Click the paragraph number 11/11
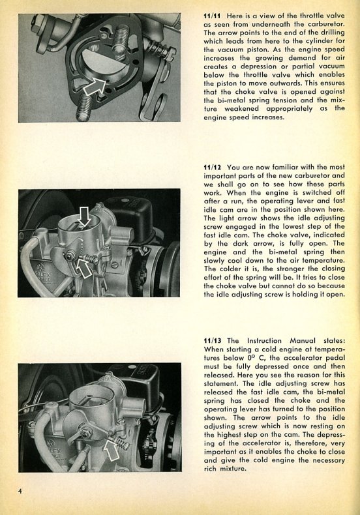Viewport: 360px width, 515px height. pyautogui.click(x=213, y=16)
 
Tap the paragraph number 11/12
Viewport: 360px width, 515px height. pyautogui.click(x=213, y=167)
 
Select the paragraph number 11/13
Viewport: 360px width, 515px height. pyautogui.click(x=213, y=340)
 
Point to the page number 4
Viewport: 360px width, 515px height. pyautogui.click(x=20, y=492)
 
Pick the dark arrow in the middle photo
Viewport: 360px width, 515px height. pyautogui.click(x=85, y=216)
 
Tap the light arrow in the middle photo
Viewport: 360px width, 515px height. pyautogui.click(x=83, y=267)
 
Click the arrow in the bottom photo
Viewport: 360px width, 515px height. pyautogui.click(x=112, y=449)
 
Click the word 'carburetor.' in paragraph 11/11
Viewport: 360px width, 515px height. pyautogui.click(x=326, y=24)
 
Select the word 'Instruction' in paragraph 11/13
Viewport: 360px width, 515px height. pyautogui.click(x=264, y=340)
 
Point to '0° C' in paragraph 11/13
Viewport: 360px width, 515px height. pyautogui.click(x=256, y=358)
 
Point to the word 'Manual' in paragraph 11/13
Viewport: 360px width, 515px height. pyautogui.click(x=303, y=340)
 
